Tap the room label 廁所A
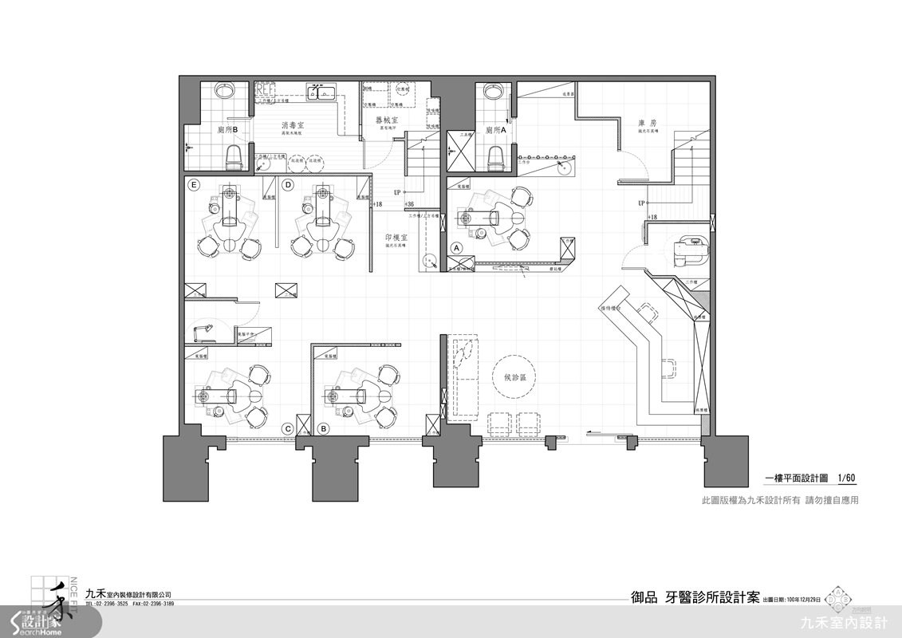pyautogui.click(x=495, y=128)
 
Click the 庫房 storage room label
pyautogui.click(x=647, y=124)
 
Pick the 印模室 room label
pyautogui.click(x=396, y=238)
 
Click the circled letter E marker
pyautogui.click(x=193, y=184)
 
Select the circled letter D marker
pyautogui.click(x=288, y=184)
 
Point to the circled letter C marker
pyautogui.click(x=288, y=429)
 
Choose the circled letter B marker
pyautogui.click(x=323, y=429)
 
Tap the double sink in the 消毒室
pyautogui.click(x=323, y=93)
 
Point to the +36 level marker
pyautogui.click(x=408, y=204)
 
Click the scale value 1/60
pyautogui.click(x=845, y=478)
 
